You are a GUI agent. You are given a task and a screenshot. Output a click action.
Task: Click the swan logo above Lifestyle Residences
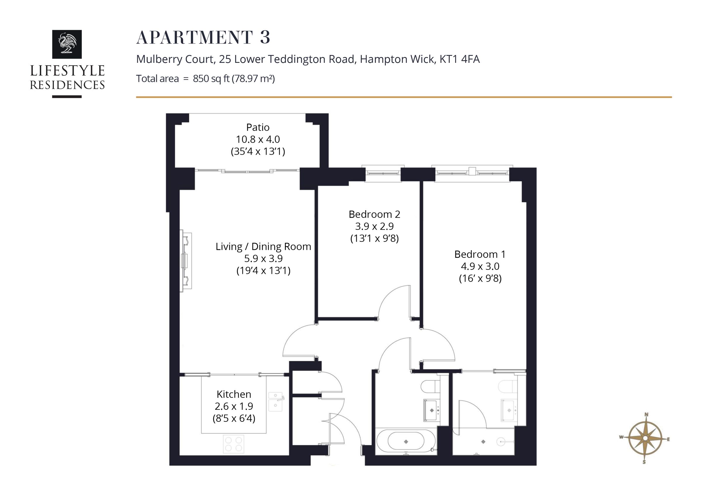(67, 44)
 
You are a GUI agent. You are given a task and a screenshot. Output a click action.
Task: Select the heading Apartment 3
(203, 37)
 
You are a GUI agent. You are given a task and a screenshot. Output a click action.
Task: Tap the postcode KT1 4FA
(460, 59)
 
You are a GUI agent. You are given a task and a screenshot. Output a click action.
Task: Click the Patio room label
(258, 127)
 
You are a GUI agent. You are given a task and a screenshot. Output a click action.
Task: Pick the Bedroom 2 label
(374, 214)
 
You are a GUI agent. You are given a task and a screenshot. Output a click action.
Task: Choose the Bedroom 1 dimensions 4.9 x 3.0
(480, 266)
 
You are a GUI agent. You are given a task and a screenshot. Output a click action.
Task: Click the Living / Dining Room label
(263, 246)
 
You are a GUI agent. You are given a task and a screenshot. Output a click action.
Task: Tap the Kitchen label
(234, 394)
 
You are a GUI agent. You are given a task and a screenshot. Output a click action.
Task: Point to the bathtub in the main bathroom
(406, 442)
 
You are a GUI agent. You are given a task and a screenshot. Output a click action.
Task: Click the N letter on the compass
(646, 415)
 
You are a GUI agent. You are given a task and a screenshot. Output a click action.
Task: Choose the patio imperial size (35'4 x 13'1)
(258, 151)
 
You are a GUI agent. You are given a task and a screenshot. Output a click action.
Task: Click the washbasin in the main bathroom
(431, 410)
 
